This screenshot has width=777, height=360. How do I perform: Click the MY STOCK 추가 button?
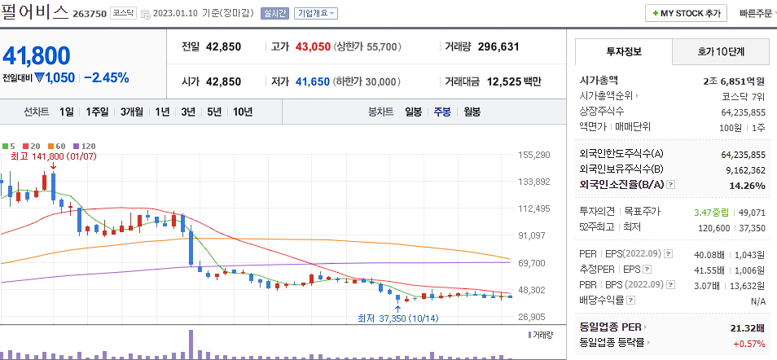pos(687,14)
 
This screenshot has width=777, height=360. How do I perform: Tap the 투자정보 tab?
pos(624,51)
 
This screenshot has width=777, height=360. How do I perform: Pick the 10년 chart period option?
pos(242,112)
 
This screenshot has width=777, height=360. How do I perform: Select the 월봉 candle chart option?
pos(472,112)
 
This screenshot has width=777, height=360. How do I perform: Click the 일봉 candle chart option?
pos(414,112)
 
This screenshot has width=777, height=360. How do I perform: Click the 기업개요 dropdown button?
pos(316,14)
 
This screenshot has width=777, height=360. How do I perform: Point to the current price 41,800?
pos(36,55)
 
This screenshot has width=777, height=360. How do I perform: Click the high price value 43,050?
pos(313,47)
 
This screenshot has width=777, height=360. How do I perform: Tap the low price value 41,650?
pos(313,81)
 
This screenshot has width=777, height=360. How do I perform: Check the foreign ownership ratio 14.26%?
pos(748,186)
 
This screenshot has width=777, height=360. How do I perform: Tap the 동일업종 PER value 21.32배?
pos(747,327)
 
